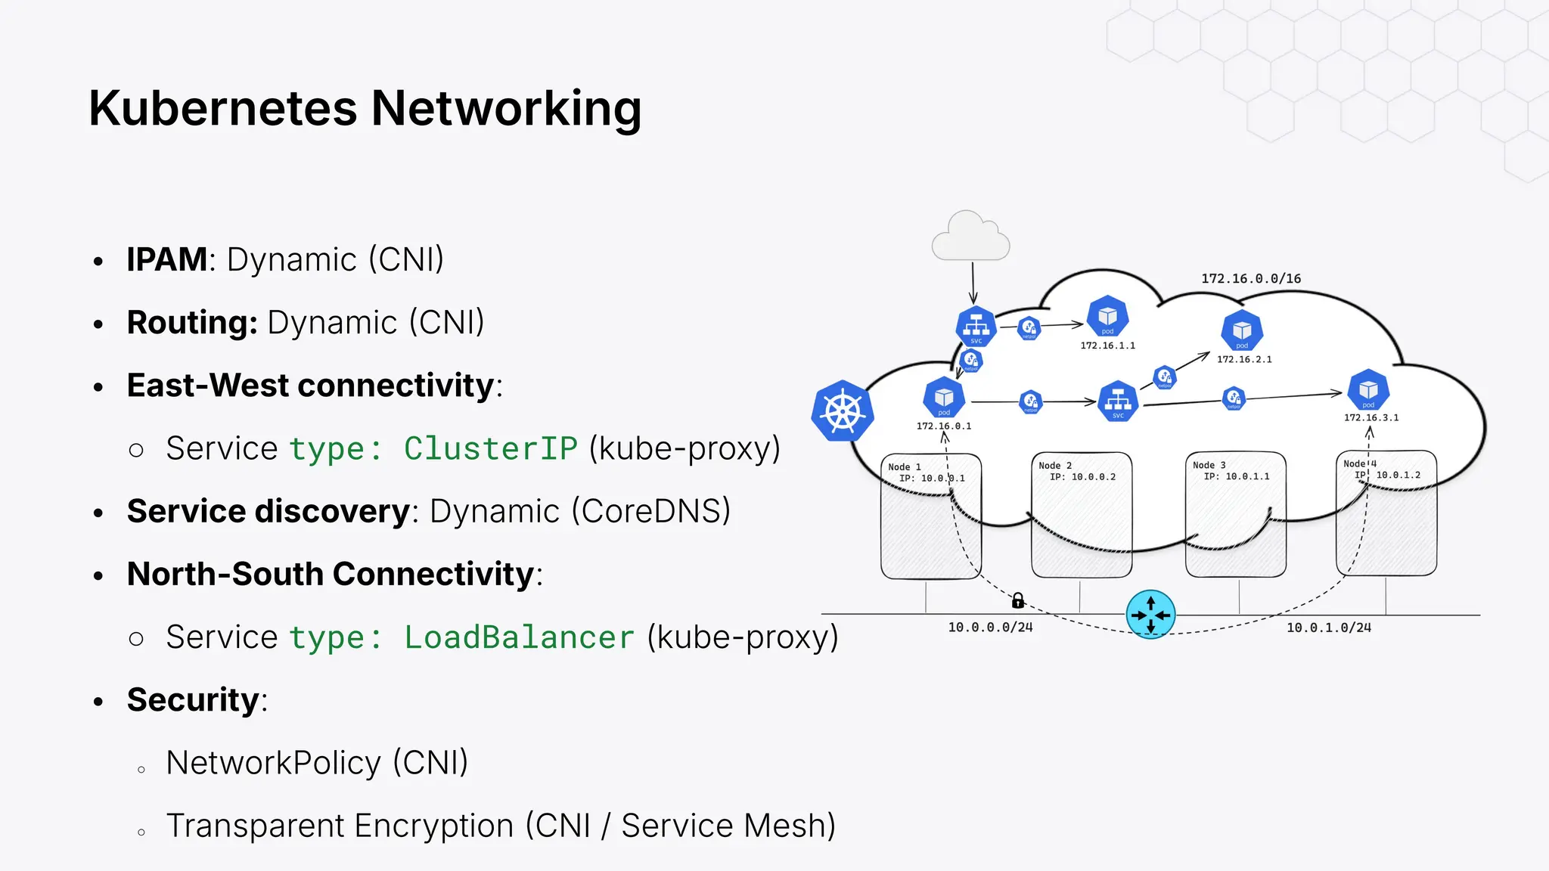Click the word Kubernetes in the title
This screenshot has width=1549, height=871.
(222, 109)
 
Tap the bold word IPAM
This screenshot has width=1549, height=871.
(166, 259)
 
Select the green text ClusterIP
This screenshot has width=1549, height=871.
(491, 448)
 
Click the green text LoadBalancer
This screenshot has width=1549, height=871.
(519, 637)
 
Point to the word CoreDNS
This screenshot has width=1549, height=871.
(650, 511)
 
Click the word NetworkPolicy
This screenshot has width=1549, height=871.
(273, 763)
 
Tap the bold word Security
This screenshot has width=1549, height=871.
(193, 700)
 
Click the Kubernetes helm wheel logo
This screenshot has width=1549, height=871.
(843, 411)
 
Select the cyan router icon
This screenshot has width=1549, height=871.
(1150, 615)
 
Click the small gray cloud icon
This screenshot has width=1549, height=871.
(970, 237)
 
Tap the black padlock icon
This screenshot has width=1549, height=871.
(1018, 601)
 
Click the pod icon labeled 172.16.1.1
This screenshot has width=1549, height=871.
(1107, 316)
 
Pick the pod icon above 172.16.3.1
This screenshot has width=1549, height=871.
(1368, 390)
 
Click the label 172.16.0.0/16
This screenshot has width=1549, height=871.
(1251, 278)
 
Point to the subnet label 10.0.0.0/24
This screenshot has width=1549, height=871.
(990, 628)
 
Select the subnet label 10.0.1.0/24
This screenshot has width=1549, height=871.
(1329, 628)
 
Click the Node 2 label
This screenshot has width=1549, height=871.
(1055, 466)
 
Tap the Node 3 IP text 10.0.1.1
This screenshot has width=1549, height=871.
(1247, 476)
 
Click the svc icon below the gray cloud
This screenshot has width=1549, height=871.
(976, 327)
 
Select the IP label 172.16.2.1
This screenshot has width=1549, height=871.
(1244, 360)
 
